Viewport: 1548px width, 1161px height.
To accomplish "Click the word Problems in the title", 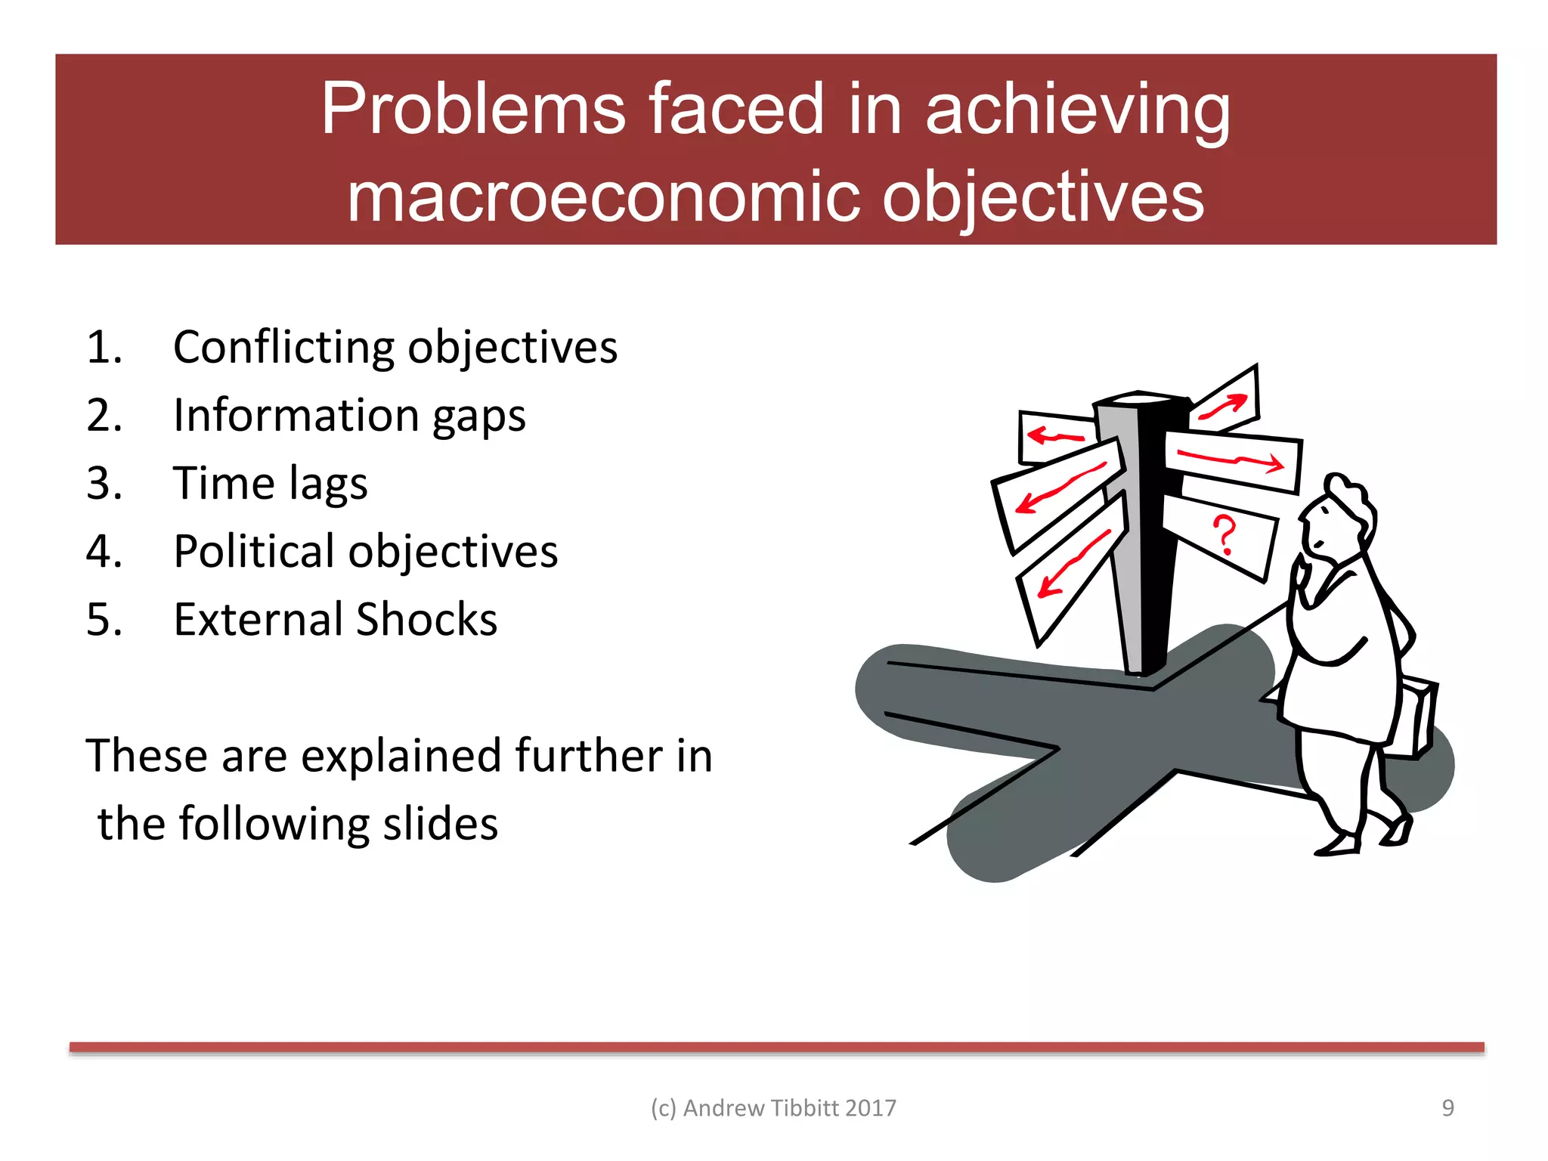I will point(473,110).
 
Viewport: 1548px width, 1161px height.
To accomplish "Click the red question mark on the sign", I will point(1224,534).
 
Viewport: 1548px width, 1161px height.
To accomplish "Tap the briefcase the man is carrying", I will point(1415,718).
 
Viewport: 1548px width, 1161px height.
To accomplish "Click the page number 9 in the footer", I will point(1447,1107).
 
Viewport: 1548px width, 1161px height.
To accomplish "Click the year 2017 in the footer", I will point(871,1107).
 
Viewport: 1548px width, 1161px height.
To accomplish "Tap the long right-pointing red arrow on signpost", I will point(1231,460).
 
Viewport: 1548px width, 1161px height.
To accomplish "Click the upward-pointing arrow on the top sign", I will point(1223,407).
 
